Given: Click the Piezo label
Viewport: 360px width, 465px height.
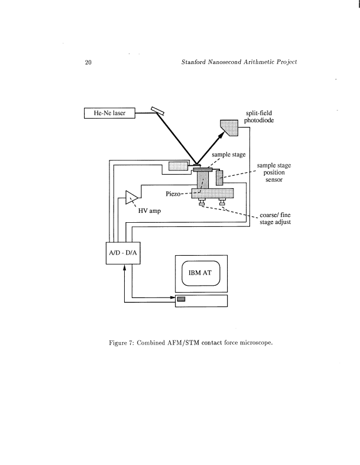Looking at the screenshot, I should pyautogui.click(x=175, y=193).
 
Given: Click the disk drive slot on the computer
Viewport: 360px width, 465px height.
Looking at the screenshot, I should pyautogui.click(x=181, y=300).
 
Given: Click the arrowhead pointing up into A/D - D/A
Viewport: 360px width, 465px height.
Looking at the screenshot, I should pyautogui.click(x=125, y=268).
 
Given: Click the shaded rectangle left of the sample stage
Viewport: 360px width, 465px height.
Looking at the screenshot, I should pyautogui.click(x=178, y=166).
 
